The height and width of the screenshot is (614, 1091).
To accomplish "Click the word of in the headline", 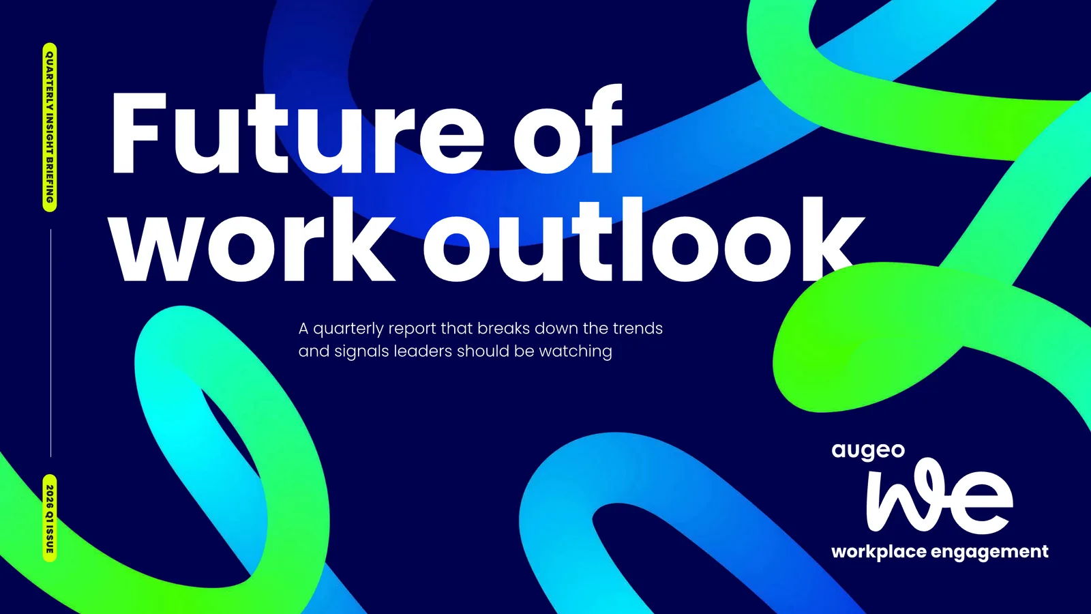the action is (568, 129).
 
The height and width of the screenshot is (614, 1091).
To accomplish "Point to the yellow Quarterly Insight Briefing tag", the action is (50, 128).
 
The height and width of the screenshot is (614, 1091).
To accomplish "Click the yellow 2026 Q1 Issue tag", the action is (50, 518).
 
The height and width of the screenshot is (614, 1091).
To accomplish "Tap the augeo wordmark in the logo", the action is (869, 452).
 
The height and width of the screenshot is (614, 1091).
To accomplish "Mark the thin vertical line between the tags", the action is (50, 343).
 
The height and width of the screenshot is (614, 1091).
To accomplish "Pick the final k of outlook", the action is (828, 239).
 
